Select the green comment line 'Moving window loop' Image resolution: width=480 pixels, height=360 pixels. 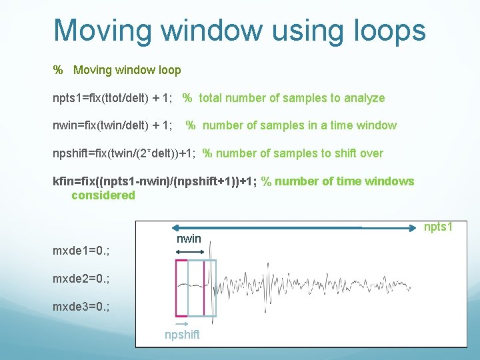(127, 70)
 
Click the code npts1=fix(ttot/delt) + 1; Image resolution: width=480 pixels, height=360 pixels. (113, 98)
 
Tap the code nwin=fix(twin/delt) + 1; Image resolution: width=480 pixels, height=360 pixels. (113, 125)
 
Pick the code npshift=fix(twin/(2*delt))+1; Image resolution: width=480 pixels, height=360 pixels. (124, 153)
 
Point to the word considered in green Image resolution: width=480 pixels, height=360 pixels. (103, 195)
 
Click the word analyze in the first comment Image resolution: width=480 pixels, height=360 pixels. (364, 98)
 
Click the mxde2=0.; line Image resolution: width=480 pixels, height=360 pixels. (81, 278)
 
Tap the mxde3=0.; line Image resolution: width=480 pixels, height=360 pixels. (81, 306)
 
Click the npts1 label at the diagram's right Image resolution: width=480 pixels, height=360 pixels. (439, 227)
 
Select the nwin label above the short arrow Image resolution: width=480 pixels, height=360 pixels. (189, 238)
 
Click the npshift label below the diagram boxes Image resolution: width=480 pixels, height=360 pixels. (181, 334)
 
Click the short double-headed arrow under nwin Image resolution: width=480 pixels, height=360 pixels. (189, 251)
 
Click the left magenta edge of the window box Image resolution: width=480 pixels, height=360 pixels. (176, 287)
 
